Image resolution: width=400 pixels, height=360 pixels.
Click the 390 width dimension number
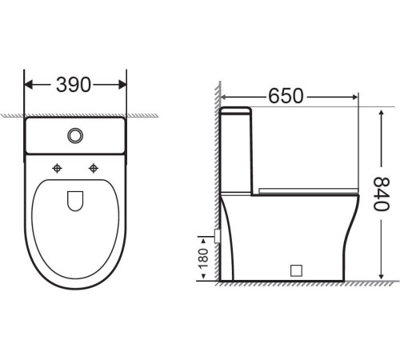pos(74,84)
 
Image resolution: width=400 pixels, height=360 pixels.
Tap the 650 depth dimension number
pos(286,95)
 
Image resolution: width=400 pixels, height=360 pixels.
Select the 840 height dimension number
pos(381,194)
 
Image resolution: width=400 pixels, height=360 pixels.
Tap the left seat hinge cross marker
pos(57,167)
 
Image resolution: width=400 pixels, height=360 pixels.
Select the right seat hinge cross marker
pos(95,167)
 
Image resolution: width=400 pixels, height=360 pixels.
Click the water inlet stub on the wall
pos(217,235)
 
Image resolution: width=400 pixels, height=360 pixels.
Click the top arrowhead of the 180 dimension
pos(202,234)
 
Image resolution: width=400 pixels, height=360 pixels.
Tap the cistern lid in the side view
pos(238,110)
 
